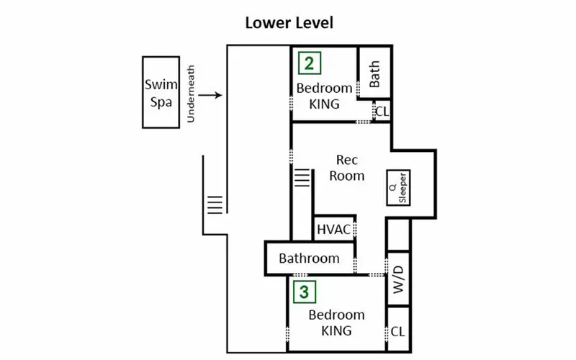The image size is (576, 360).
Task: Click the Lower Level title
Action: (x=289, y=23)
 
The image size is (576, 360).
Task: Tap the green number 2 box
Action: (x=310, y=63)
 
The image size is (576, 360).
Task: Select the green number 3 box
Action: (x=305, y=292)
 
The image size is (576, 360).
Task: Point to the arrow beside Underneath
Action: (x=210, y=95)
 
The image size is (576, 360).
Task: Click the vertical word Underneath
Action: (x=191, y=94)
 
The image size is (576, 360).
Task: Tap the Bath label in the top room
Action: (x=374, y=74)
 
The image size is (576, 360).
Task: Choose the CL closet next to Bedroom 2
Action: (x=382, y=111)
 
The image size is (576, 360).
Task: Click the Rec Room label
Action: (x=347, y=168)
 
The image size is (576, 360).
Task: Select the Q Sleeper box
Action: (x=399, y=188)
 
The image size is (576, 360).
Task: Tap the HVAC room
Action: (x=334, y=229)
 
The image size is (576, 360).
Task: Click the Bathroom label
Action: (x=309, y=258)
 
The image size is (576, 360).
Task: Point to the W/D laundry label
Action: (x=398, y=279)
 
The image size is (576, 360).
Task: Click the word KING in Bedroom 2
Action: (x=325, y=104)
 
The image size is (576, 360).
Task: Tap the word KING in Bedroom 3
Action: (x=336, y=331)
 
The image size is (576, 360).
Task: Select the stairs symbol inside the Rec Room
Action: (x=302, y=178)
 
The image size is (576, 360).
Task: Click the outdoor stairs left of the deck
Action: (x=215, y=205)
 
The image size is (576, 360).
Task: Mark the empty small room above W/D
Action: (x=398, y=235)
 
